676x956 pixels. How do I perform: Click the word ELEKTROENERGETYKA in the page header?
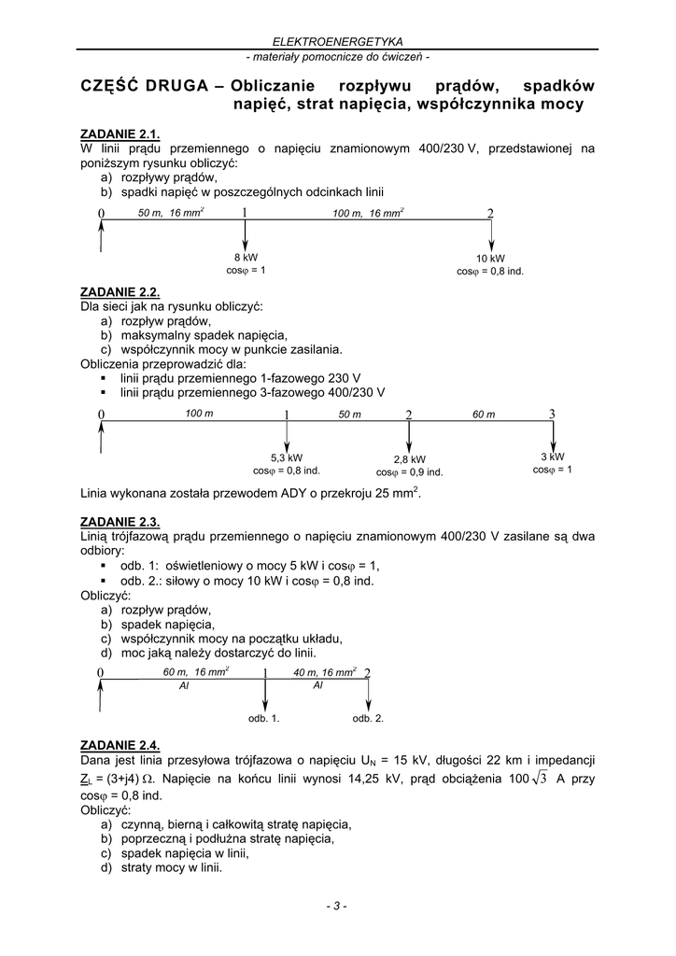click(x=337, y=42)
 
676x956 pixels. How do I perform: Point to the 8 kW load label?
click(x=246, y=257)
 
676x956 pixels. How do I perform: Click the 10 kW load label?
click(x=490, y=259)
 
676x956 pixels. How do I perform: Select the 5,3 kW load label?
click(x=287, y=457)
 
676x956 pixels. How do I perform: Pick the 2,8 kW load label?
click(x=410, y=459)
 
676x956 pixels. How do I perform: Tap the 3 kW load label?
click(x=553, y=457)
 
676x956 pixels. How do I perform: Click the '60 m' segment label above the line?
click(x=484, y=415)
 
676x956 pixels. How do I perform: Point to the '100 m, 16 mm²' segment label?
click(x=368, y=214)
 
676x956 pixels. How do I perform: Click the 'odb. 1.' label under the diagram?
click(x=263, y=719)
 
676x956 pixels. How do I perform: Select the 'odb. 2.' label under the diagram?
click(x=368, y=719)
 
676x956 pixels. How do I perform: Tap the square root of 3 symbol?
click(x=537, y=780)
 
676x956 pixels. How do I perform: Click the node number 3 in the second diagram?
click(x=552, y=414)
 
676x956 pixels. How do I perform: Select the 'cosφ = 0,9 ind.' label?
click(x=410, y=472)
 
